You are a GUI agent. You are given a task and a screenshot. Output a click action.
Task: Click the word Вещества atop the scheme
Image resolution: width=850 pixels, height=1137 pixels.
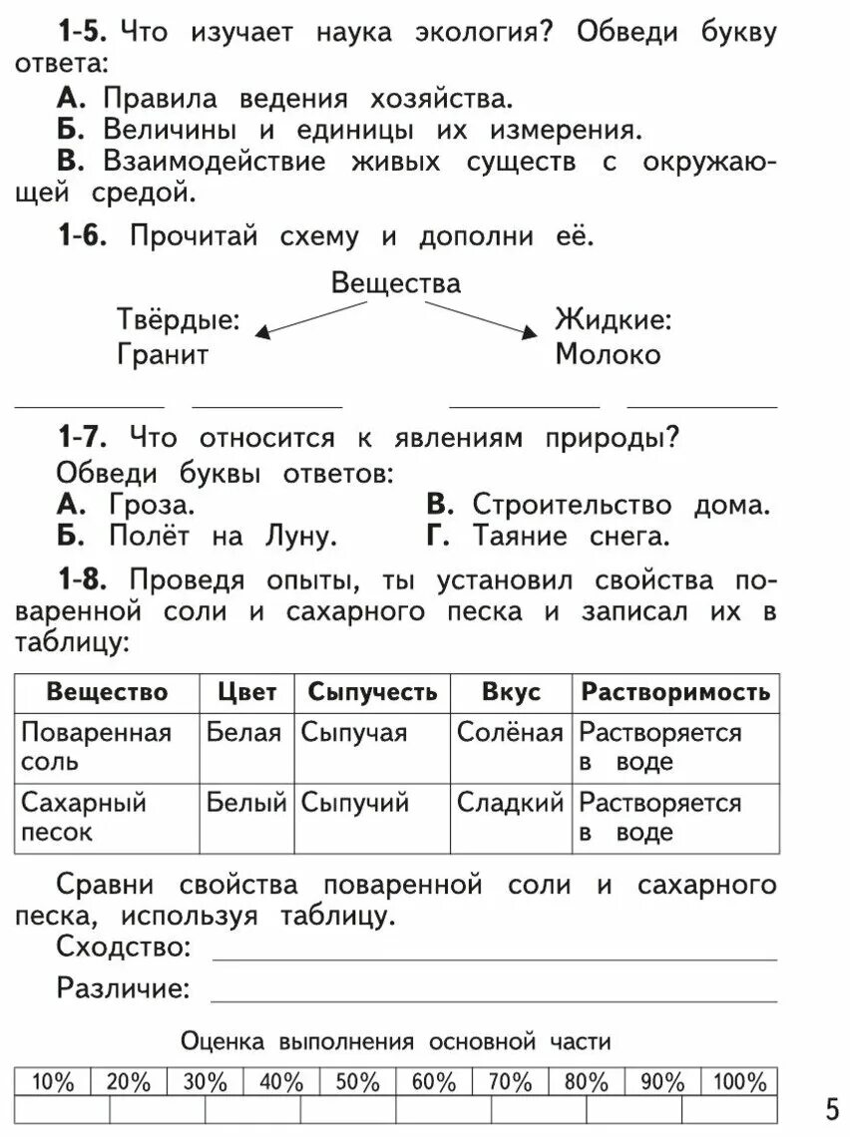point(396,283)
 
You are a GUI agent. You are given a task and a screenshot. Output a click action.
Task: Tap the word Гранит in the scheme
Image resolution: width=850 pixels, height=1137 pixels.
point(163,354)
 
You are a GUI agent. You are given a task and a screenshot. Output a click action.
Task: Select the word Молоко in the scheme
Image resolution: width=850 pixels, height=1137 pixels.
point(608,354)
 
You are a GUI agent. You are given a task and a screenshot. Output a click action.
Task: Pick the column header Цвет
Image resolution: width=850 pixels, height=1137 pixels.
point(248,692)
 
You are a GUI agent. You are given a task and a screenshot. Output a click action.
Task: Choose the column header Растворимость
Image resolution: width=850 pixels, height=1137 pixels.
point(675,692)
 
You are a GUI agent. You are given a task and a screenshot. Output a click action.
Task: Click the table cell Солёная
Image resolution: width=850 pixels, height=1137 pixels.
point(510,733)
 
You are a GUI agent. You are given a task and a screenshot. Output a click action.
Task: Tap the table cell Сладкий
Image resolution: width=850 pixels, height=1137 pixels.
point(510,803)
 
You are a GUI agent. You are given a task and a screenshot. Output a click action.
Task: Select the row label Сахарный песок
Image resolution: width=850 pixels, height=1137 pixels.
point(83,817)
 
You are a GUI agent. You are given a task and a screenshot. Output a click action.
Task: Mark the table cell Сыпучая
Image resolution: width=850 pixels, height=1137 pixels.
point(354,733)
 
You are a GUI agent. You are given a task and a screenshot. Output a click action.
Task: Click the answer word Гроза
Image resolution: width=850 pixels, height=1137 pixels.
point(150,505)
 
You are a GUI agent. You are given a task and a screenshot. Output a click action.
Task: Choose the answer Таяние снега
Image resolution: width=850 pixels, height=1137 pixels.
point(568,536)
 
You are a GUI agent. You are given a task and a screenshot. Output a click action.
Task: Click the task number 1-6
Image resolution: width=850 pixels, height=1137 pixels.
point(81,237)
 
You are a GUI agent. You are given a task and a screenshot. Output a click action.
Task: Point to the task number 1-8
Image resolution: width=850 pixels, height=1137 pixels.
point(81,580)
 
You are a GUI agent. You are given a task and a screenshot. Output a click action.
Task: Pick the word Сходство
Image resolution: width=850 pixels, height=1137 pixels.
point(123,947)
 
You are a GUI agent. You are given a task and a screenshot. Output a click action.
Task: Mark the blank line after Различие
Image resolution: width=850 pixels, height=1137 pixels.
point(494,998)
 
